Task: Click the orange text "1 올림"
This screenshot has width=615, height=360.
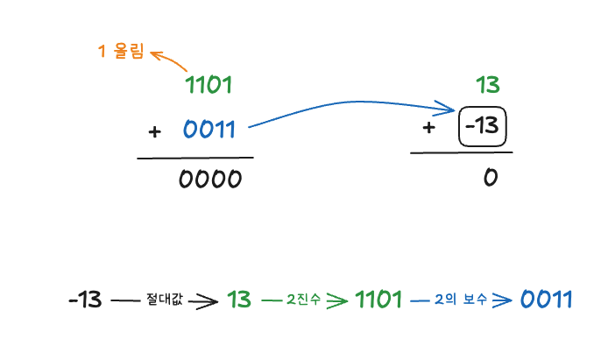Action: (121, 52)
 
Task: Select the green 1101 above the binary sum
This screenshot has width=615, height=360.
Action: (209, 85)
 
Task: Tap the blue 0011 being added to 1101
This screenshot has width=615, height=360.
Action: (210, 130)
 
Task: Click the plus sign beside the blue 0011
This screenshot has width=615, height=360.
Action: (155, 131)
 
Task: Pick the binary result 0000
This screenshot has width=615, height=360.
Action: (209, 179)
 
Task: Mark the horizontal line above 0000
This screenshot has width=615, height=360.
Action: (194, 159)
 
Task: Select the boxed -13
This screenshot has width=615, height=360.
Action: (483, 128)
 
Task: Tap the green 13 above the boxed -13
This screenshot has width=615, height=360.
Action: (487, 85)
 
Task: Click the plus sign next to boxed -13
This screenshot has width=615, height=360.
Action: (428, 128)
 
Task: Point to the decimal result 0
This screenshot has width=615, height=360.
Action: (490, 177)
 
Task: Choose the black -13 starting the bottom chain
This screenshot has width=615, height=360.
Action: (85, 300)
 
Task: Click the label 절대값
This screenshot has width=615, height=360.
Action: (165, 300)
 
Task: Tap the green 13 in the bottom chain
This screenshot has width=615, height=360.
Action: (239, 300)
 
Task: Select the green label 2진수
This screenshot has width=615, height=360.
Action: (304, 300)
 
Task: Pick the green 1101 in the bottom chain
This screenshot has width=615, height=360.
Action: (378, 300)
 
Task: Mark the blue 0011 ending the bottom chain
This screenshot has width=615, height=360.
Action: (546, 300)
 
